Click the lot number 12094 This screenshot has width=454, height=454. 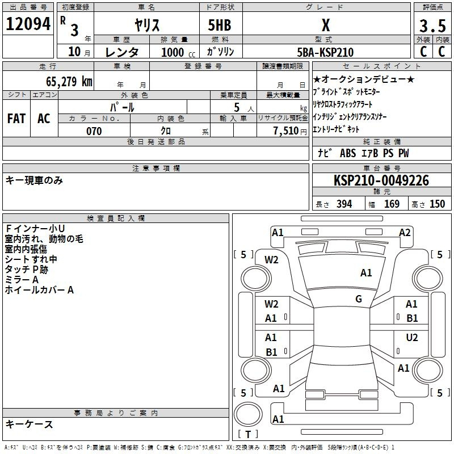point(28,24)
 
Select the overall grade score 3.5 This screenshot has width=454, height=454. point(432,26)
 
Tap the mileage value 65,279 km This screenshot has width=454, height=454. point(69,82)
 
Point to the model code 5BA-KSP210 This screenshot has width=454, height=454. point(325,52)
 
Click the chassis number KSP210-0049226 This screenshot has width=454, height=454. point(381,180)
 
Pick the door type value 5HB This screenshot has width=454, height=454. point(220,25)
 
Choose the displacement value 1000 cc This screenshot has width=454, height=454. point(178,52)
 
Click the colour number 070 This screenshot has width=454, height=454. point(94,131)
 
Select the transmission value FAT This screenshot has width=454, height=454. point(16,119)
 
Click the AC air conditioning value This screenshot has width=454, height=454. point(44,119)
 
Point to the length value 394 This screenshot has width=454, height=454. point(344,204)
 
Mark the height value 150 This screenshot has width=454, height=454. point(437,204)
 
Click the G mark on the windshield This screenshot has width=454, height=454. point(359,299)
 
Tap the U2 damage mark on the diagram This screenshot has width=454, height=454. point(412,338)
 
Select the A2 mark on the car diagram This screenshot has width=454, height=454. point(405,233)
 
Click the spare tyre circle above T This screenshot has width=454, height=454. point(248,414)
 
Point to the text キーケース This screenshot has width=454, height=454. point(30,424)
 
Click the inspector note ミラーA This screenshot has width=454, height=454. point(22,280)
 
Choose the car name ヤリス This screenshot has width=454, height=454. point(147,25)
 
